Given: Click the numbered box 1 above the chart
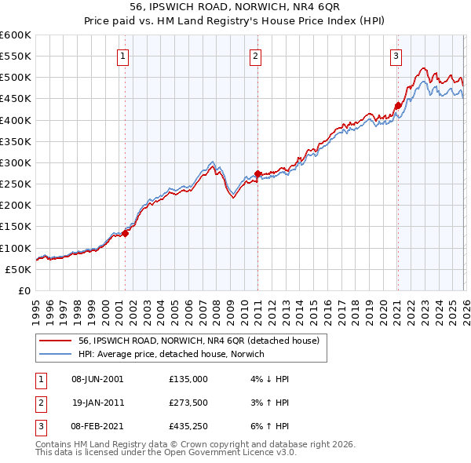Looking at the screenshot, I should pos(124,56).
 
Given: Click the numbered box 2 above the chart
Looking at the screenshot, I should pos(257,56).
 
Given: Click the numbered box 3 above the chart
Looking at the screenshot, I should pos(396,56).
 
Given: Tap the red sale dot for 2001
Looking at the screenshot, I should pos(125,232).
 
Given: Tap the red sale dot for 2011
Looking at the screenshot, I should pos(257,174).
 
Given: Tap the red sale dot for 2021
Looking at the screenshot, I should pos(397,105).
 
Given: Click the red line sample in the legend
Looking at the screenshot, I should pos(55,341).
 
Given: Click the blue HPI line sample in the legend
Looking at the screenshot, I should pos(55,355).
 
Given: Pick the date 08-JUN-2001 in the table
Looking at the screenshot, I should pos(98,378).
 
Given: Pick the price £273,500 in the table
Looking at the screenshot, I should pos(188,403).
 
